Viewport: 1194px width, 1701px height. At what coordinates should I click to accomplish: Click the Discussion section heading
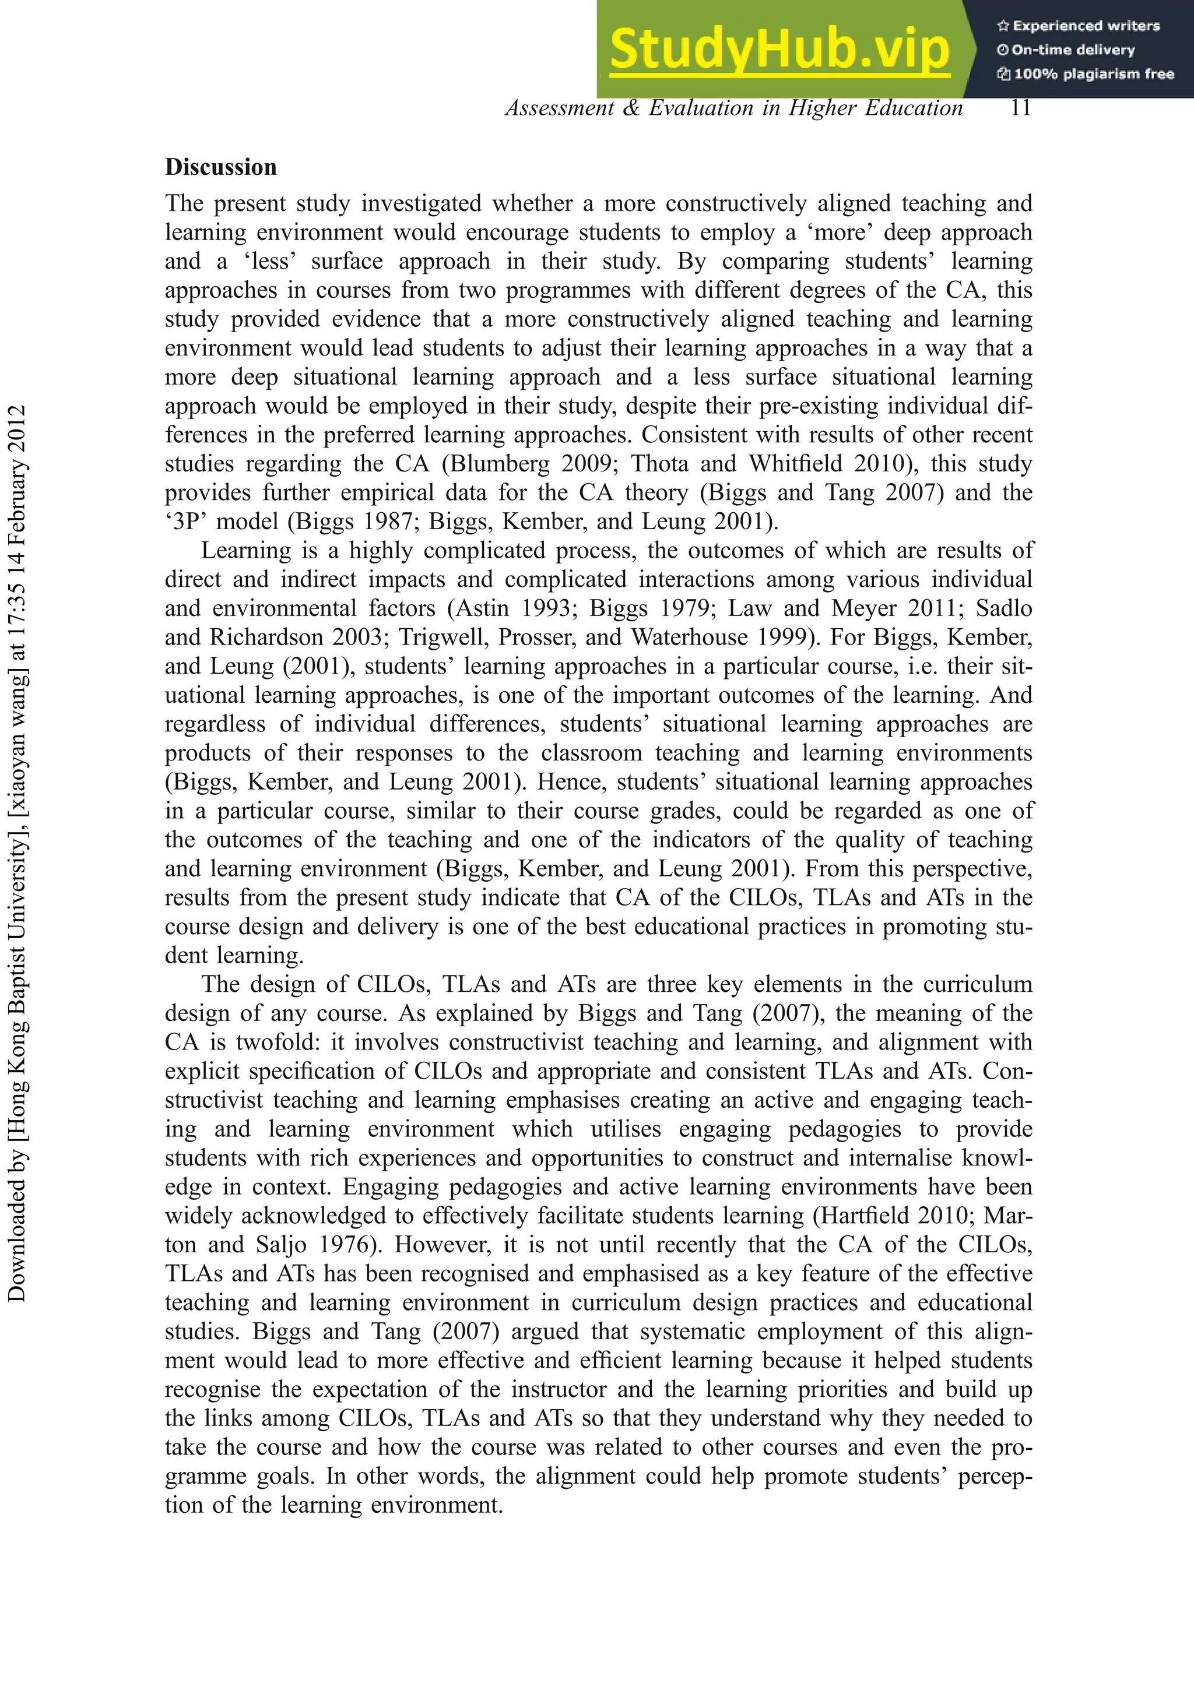[221, 167]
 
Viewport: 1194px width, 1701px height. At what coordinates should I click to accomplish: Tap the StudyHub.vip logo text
[779, 49]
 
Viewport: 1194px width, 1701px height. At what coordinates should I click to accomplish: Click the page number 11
[1021, 108]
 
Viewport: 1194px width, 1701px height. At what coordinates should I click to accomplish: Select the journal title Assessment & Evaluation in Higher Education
[734, 108]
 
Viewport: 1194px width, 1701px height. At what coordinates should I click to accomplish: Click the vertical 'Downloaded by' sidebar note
[16, 853]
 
